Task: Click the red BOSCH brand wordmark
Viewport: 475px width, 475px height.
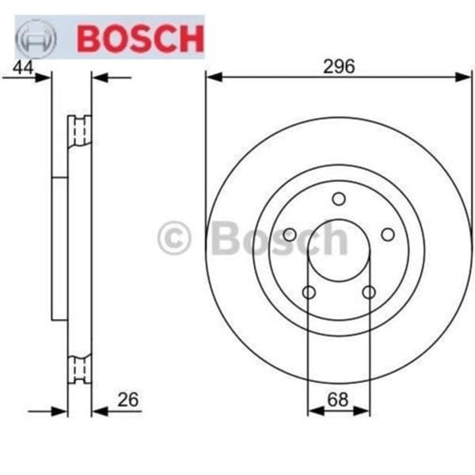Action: pos(139,37)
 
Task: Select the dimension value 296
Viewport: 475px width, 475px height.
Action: pos(338,67)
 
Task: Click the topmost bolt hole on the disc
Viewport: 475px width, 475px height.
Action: pos(339,199)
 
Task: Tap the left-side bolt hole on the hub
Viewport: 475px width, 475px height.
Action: pos(290,234)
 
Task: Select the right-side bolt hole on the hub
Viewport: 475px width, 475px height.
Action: pos(388,234)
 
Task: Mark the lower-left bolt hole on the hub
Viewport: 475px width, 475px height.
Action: pos(309,292)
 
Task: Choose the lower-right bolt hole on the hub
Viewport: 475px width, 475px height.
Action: pos(369,292)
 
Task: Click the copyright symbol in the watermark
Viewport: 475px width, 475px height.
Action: pos(175,238)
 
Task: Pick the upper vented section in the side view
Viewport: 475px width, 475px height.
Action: pos(79,130)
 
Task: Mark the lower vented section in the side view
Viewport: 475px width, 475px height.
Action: pos(79,368)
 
